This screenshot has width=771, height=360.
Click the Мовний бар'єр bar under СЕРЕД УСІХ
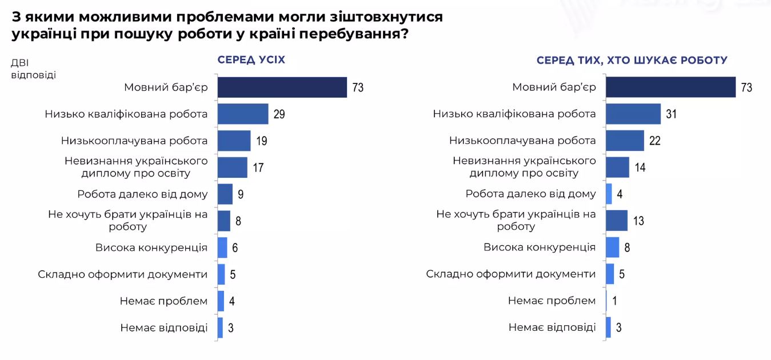pyautogui.click(x=282, y=87)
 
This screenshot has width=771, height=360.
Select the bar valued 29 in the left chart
pyautogui.click(x=243, y=114)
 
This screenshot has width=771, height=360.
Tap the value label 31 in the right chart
pyautogui.click(x=672, y=114)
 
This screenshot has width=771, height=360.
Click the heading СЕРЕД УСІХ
pyautogui.click(x=251, y=60)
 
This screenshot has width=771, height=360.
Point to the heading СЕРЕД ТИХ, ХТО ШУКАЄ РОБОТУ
pyautogui.click(x=632, y=60)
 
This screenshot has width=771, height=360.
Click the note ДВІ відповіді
pyautogui.click(x=33, y=69)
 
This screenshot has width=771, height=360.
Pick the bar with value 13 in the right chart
pyautogui.click(x=617, y=221)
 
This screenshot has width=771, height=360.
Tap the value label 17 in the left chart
pyautogui.click(x=259, y=168)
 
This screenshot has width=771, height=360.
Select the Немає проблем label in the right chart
pyautogui.click(x=552, y=301)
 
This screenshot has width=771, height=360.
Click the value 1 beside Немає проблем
pyautogui.click(x=614, y=301)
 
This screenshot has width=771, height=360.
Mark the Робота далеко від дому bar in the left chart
pyautogui.click(x=225, y=194)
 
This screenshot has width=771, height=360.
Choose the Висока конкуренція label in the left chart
pyautogui.click(x=151, y=247)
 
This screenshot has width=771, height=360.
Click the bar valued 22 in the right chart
pyautogui.click(x=624, y=141)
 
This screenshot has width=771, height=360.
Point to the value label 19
pyautogui.click(x=262, y=141)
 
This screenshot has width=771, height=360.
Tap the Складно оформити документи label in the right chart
pyautogui.click(x=510, y=274)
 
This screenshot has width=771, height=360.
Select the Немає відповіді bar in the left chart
pyautogui.click(x=220, y=328)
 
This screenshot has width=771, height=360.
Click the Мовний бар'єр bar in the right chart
pyautogui.click(x=670, y=87)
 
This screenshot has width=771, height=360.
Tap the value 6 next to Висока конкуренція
pyautogui.click(x=234, y=248)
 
